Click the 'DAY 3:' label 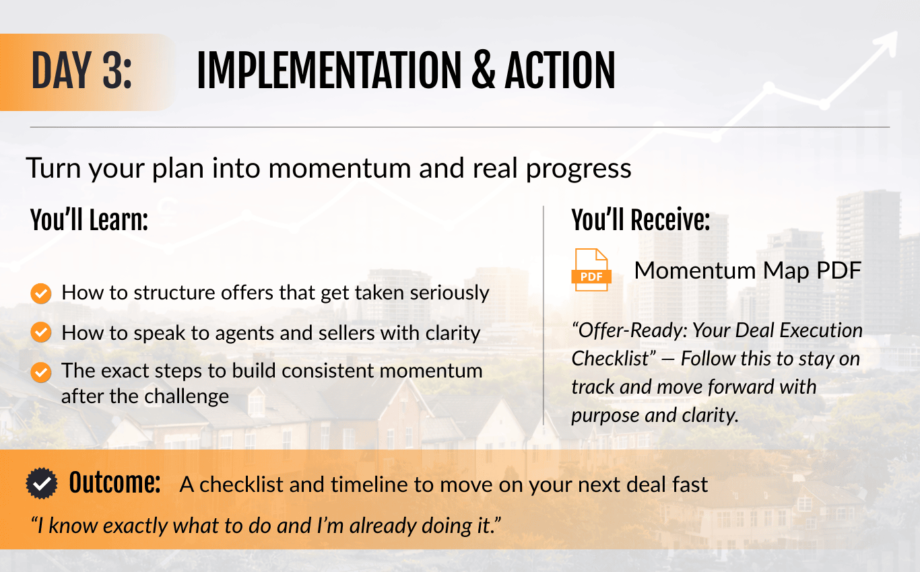(81, 71)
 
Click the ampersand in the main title (484, 71)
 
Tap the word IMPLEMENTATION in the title (329, 71)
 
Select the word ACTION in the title (560, 71)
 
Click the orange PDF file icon (591, 270)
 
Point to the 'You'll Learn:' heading (89, 220)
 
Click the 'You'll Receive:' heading (640, 220)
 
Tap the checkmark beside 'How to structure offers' (41, 293)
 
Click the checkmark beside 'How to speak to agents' (41, 332)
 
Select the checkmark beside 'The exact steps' (41, 372)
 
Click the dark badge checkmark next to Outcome (42, 483)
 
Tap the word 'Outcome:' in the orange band (114, 482)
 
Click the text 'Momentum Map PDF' (748, 271)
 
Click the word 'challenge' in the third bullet (187, 397)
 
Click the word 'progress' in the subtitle (579, 169)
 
